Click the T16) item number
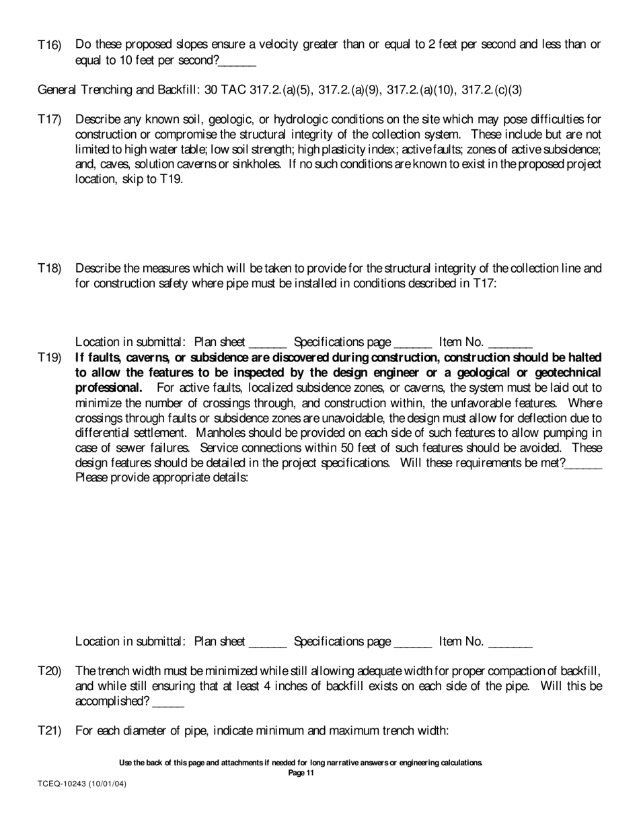click(49, 45)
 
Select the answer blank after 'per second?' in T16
click(237, 61)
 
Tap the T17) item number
click(49, 120)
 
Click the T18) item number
click(49, 269)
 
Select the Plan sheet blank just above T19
click(268, 343)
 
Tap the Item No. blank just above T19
click(511, 343)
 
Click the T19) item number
click(49, 357)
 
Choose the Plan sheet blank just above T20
click(268, 642)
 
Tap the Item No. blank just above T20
click(511, 642)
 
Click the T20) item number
click(49, 671)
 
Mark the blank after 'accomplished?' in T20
click(168, 702)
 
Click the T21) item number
click(49, 730)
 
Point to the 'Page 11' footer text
click(301, 773)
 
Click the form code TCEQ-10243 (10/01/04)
click(81, 785)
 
